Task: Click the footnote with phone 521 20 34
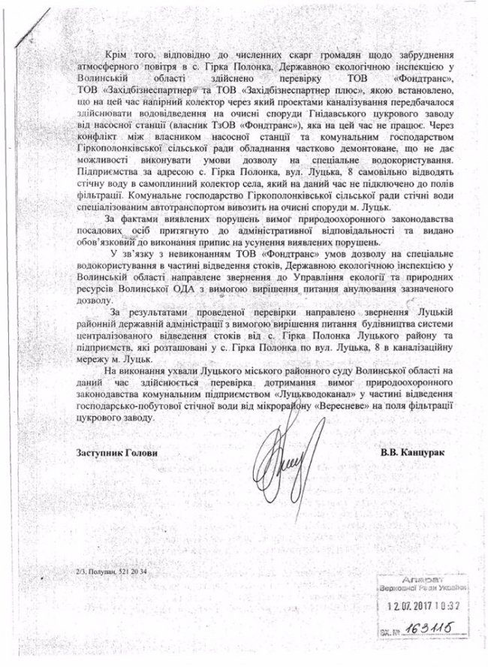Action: pyautogui.click(x=108, y=574)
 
